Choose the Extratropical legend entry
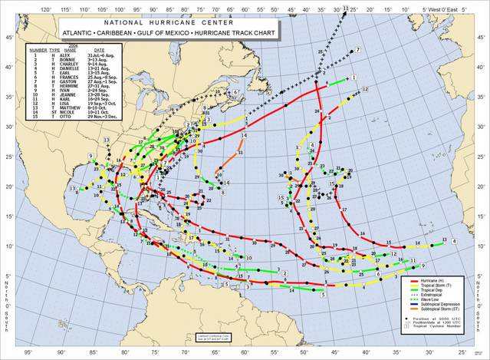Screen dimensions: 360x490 433,296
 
